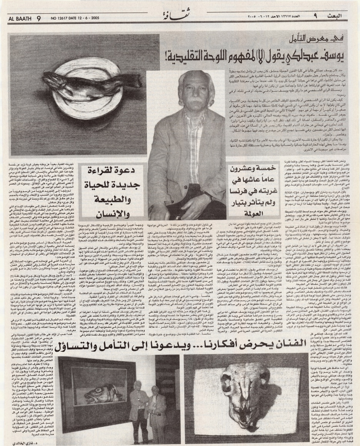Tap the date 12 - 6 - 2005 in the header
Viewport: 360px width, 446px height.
coord(95,18)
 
